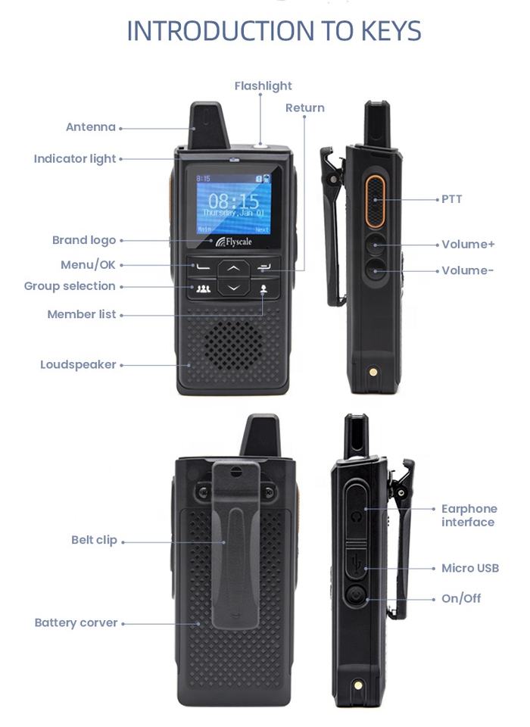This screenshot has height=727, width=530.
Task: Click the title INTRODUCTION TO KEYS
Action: (x=274, y=31)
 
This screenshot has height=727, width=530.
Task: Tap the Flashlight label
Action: (x=263, y=86)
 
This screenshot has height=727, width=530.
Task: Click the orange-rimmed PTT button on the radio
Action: (x=375, y=201)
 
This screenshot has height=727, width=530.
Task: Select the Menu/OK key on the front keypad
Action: (x=202, y=267)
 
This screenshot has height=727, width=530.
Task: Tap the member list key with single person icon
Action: (x=263, y=289)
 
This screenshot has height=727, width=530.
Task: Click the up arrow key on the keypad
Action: (x=234, y=268)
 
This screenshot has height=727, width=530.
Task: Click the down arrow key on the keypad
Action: (x=234, y=288)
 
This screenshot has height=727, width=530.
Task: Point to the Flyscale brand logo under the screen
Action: (x=234, y=242)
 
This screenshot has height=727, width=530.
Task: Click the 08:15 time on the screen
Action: (x=233, y=201)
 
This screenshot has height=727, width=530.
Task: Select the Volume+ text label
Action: (x=468, y=244)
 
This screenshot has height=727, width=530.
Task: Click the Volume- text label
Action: (x=467, y=270)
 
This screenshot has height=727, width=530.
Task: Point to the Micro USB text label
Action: (x=470, y=568)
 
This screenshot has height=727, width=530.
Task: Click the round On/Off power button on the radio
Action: (x=356, y=595)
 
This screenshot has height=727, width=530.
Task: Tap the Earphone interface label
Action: (x=469, y=515)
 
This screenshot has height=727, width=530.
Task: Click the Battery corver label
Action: (x=76, y=622)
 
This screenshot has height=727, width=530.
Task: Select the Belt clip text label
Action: (x=94, y=540)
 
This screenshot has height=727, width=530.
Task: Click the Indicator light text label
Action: (x=75, y=158)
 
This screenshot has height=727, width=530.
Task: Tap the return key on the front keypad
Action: (x=264, y=267)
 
